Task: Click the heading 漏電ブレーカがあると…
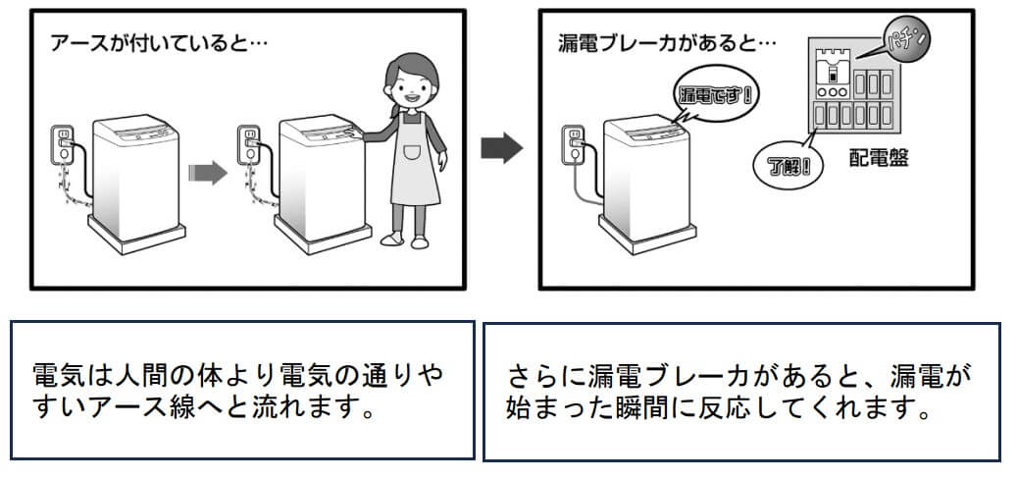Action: click(x=667, y=45)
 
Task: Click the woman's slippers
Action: click(x=404, y=240)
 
